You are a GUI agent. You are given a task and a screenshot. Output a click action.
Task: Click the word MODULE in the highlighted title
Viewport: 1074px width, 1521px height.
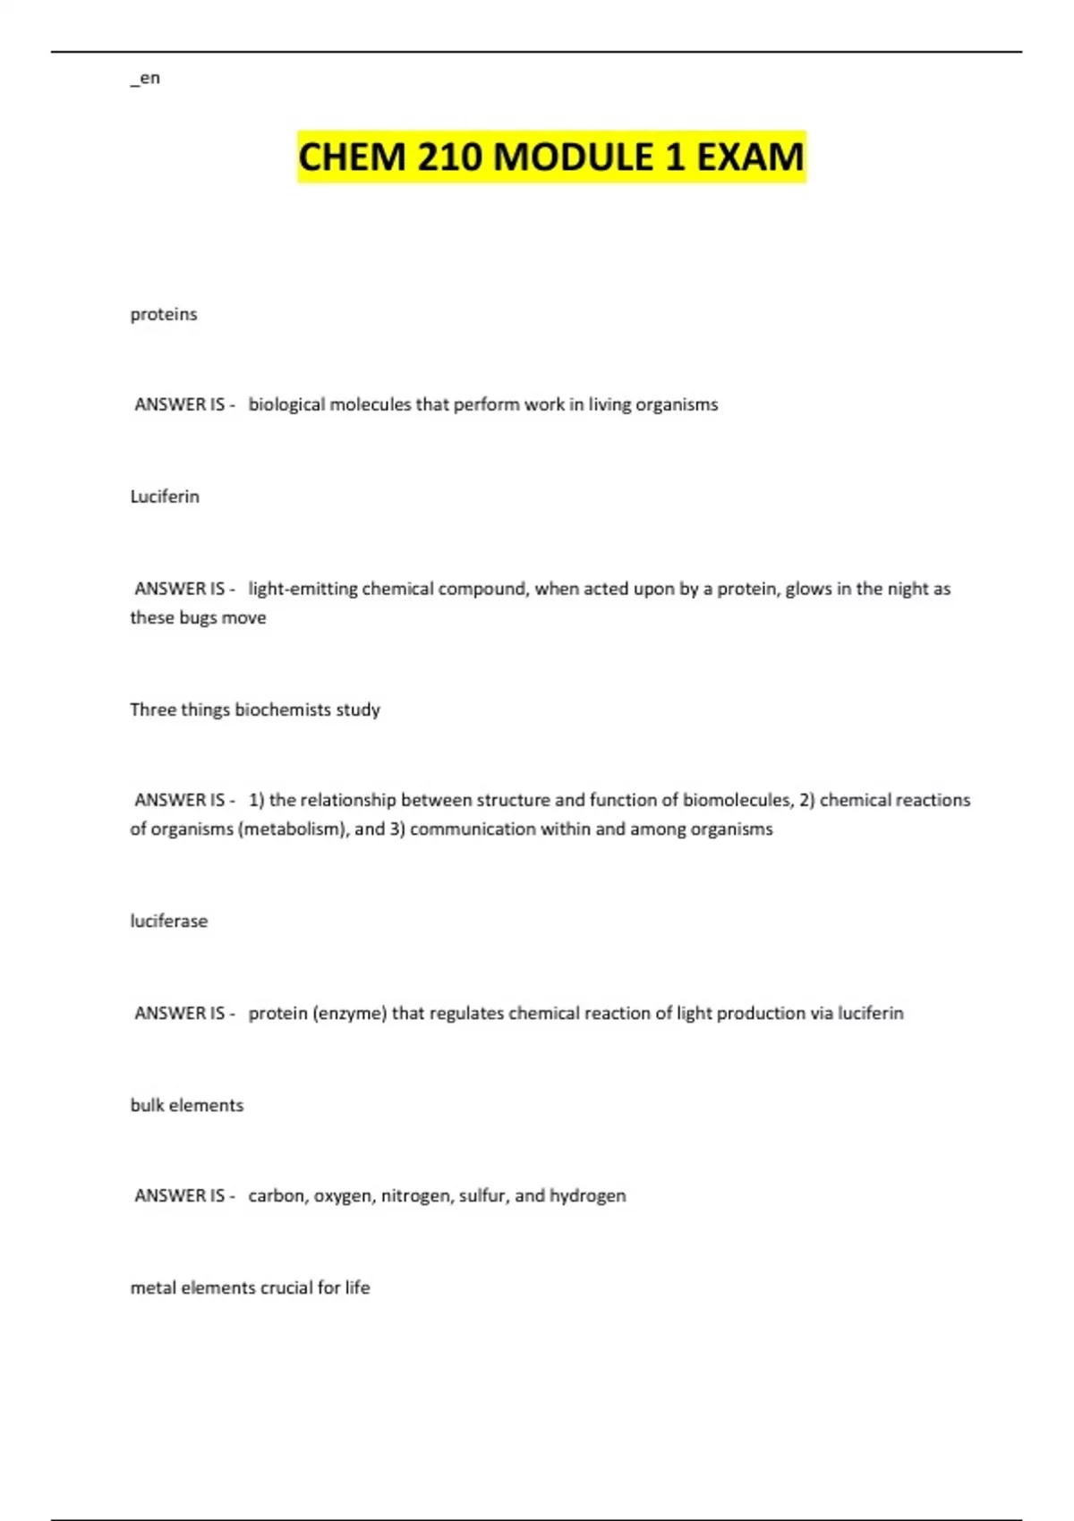[573, 157]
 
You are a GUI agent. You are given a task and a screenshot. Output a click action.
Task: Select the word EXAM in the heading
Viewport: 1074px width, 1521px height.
[749, 157]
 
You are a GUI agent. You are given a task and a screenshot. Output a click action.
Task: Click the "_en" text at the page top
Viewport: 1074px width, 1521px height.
[145, 78]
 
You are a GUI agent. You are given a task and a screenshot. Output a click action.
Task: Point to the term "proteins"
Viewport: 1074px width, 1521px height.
[164, 314]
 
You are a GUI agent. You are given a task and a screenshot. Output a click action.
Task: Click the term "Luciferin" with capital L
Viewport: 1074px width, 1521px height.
[165, 497]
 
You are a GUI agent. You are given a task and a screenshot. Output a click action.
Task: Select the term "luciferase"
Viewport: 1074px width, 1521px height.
[169, 921]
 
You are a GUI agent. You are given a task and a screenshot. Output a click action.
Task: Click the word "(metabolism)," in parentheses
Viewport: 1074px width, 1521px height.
[294, 829]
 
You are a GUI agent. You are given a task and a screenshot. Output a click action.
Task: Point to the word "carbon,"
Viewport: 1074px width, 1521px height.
[277, 1196]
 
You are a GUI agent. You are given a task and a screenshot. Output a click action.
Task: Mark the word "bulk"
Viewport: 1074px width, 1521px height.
[148, 1105]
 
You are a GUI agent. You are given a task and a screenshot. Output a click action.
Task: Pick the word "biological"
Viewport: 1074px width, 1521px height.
[286, 404]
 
